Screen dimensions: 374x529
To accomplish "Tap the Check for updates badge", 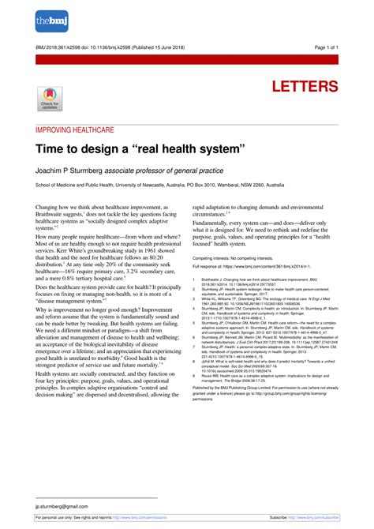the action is [x=49, y=99].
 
